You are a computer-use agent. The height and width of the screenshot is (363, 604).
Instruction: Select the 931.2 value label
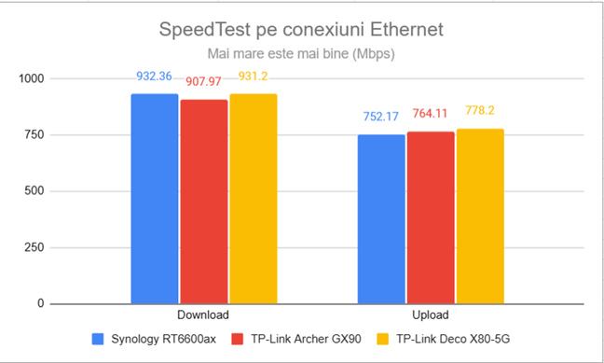tap(253, 77)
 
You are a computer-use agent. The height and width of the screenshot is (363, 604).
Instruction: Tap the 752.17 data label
tap(381, 119)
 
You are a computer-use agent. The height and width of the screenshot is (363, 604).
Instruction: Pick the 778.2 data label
tap(480, 110)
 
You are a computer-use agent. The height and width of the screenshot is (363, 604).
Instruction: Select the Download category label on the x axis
tap(203, 315)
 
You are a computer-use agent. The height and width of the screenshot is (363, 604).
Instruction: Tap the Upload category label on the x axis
tap(431, 315)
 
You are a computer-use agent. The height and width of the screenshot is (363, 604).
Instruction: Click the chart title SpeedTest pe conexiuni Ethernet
tap(302, 30)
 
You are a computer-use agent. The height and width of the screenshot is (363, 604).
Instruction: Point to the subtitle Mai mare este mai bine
tap(302, 54)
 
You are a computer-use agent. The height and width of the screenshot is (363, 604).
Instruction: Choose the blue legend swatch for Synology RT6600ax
tap(98, 339)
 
